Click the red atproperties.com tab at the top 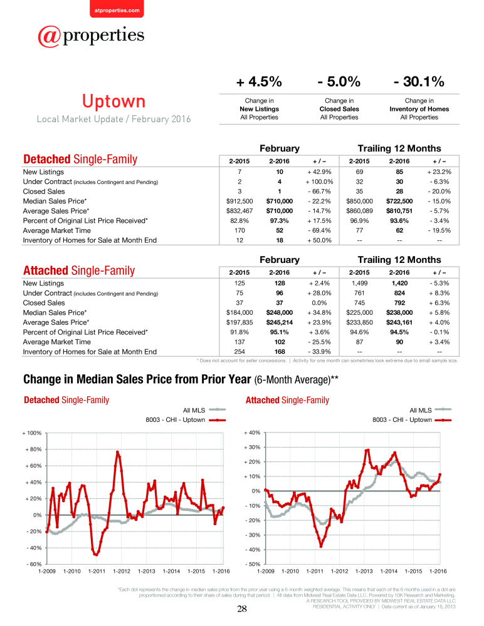coord(117,9)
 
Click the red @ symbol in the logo coord(50,36)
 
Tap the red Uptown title coord(113,101)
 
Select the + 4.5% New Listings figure coord(259,81)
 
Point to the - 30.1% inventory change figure coord(419,81)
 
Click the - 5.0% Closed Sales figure coord(339,81)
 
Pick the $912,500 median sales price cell coord(239,201)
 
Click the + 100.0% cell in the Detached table coord(319,182)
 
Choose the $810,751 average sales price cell coord(399,211)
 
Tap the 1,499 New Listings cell coord(359,283)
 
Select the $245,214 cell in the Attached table coord(279,322)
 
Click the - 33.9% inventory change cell coord(319,352)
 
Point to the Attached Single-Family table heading coord(79,270)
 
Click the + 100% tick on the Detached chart coord(32,433)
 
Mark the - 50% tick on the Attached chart coord(253,564)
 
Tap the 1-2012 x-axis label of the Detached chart coord(122,572)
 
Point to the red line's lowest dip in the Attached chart coord(321,546)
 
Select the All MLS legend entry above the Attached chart coord(431,410)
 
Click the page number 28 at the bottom coord(242,609)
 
